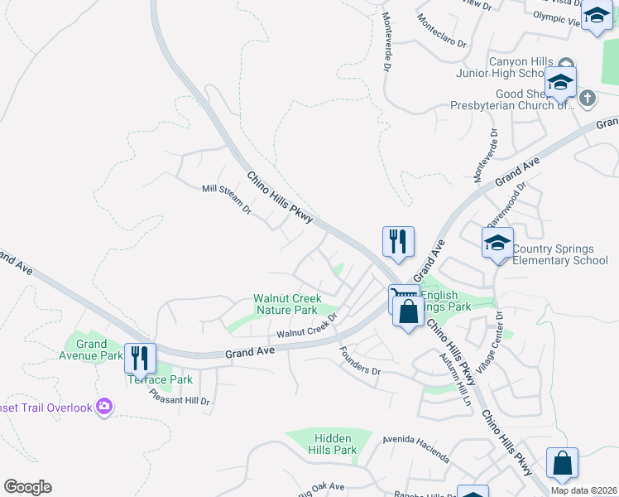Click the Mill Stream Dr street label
[226, 200]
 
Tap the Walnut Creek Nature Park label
[286, 304]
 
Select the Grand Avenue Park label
[92, 350]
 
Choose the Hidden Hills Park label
[333, 444]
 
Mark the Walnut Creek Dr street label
[308, 326]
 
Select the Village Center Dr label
[494, 340]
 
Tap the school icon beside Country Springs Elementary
[498, 242]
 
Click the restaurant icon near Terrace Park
[140, 358]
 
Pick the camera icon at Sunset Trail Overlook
[104, 406]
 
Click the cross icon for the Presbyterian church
[588, 99]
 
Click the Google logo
[27, 487]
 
